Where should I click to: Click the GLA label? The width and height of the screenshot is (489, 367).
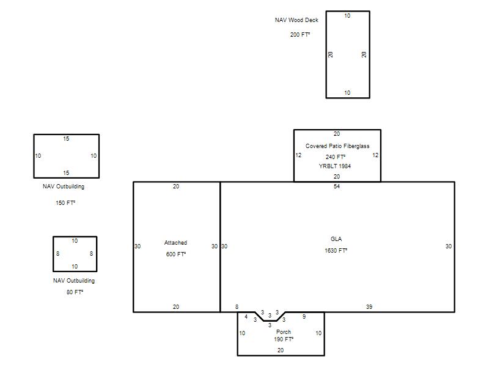(336, 239)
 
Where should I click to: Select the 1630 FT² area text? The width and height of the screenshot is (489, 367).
(336, 251)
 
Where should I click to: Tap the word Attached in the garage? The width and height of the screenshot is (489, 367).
(175, 243)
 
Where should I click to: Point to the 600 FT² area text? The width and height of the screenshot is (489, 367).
(176, 254)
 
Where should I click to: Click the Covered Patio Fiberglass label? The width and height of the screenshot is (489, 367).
(337, 146)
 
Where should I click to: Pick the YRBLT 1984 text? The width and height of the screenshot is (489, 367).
(334, 166)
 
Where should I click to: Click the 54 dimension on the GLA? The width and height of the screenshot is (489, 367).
(337, 187)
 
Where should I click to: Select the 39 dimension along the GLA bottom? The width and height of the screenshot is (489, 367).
(369, 307)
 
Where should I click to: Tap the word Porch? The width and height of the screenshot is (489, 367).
(284, 332)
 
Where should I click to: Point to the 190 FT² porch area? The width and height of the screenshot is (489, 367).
(284, 339)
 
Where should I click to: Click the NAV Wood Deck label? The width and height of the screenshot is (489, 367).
(296, 20)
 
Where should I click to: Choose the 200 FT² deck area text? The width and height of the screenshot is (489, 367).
(300, 35)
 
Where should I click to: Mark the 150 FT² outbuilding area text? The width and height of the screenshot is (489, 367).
(65, 203)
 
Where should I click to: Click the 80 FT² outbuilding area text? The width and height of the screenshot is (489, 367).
(75, 292)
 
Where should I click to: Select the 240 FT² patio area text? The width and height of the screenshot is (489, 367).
(336, 157)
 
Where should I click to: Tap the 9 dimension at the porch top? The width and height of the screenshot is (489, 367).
(304, 317)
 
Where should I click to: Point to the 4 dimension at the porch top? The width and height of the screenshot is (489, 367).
(246, 317)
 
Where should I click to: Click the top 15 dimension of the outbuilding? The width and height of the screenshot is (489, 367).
(66, 139)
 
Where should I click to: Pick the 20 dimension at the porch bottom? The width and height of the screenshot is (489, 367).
(281, 350)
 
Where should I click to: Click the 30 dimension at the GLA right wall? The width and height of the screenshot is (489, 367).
(449, 247)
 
